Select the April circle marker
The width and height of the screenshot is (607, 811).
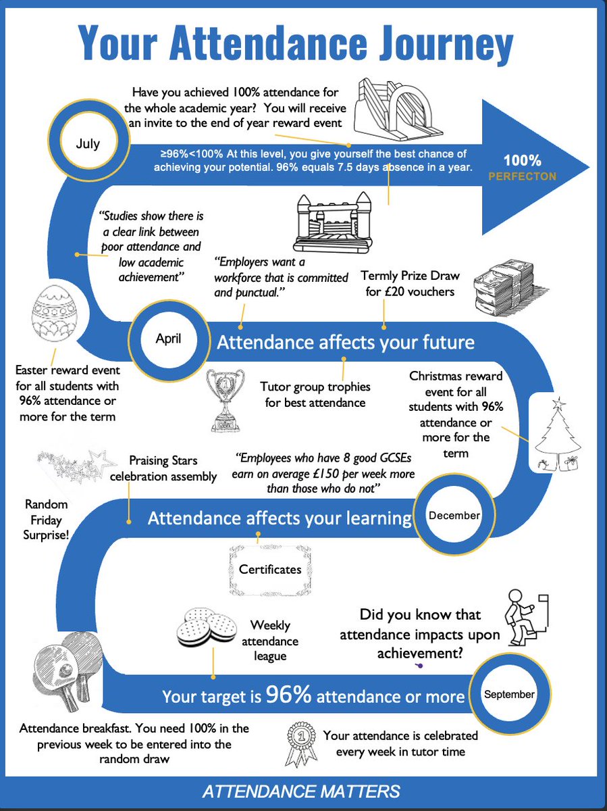pyautogui.click(x=168, y=338)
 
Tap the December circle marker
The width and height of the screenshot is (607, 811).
pyautogui.click(x=454, y=516)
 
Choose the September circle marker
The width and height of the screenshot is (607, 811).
pyautogui.click(x=509, y=694)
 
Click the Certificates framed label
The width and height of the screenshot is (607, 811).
pyautogui.click(x=270, y=569)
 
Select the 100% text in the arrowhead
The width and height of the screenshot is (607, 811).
pyautogui.click(x=522, y=161)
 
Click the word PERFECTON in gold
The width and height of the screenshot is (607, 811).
pyautogui.click(x=522, y=176)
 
